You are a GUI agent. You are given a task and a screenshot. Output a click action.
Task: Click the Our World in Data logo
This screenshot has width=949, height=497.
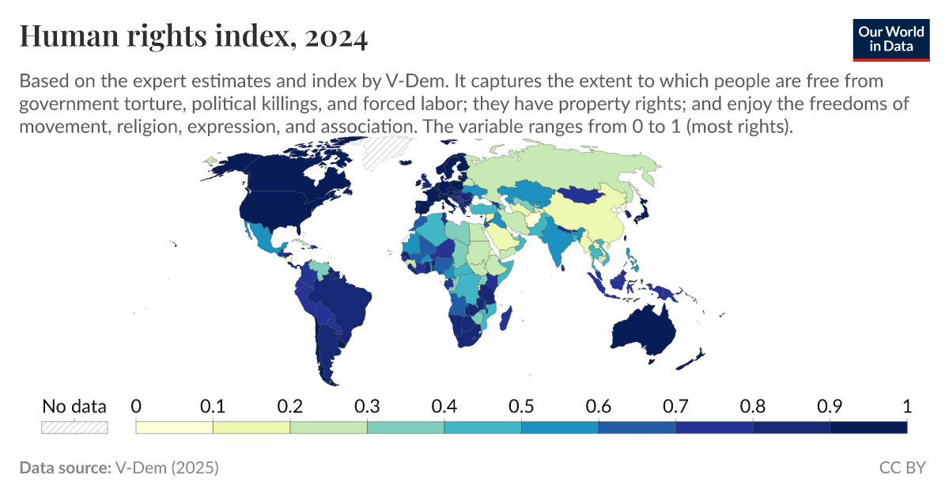pos(891,37)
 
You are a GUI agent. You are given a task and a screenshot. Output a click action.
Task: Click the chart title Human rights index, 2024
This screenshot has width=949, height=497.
pos(193,37)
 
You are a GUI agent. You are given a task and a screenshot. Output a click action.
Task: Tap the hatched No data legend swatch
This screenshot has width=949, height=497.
pos(74,427)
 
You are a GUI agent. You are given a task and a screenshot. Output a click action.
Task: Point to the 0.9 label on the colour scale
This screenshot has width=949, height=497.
pos(830,407)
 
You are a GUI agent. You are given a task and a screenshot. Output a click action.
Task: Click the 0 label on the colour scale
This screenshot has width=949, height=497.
pos(136,407)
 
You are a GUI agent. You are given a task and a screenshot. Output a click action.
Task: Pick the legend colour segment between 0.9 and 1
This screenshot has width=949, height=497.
pos(868,427)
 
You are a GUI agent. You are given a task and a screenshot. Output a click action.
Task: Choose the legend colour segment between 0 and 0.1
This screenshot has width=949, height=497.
pos(175,427)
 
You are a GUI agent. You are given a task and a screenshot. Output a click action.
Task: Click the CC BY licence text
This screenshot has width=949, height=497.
pos(902,468)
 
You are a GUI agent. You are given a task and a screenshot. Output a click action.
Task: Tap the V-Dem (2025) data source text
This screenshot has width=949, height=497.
pos(166,468)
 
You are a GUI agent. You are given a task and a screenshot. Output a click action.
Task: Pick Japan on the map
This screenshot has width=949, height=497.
pos(643,207)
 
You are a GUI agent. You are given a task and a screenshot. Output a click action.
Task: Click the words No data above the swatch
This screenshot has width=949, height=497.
pos(74,407)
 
